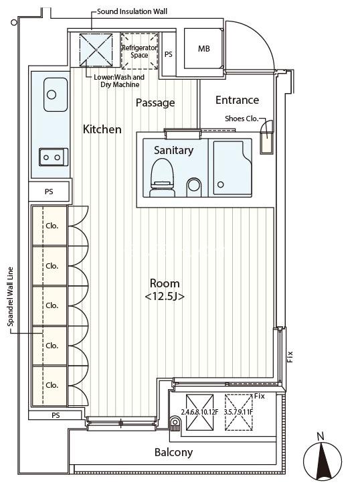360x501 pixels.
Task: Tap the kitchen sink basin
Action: (56, 94)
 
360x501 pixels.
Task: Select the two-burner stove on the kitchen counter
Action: (54, 157)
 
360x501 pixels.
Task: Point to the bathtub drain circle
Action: (221, 184)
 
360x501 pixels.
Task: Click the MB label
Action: (204, 49)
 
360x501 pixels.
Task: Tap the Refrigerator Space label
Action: (139, 51)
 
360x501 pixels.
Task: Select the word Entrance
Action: (237, 100)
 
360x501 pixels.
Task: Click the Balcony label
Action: (173, 452)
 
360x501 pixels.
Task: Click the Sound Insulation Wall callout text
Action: (132, 11)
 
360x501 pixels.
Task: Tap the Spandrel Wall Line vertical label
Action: (11, 297)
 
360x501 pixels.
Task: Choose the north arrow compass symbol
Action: (323, 459)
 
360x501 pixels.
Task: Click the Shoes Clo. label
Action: (242, 119)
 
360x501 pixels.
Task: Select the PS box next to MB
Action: (169, 54)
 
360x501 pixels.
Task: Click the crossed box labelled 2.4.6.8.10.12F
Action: (200, 412)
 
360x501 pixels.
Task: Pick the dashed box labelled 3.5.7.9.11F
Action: (238, 412)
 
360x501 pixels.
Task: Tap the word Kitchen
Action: (102, 129)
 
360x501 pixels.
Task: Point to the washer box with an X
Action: (96, 50)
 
